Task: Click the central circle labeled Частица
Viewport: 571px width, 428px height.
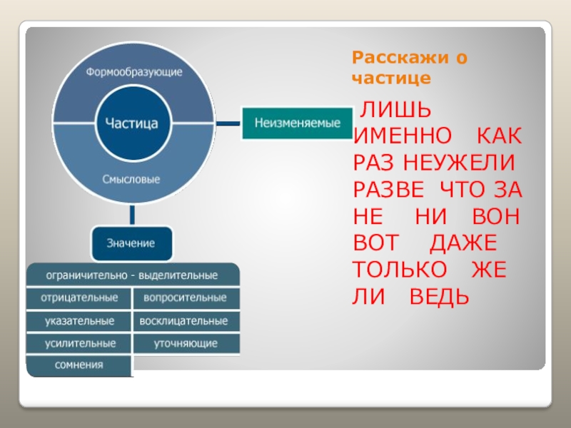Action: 132,123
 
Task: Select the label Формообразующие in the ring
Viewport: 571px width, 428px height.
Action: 134,72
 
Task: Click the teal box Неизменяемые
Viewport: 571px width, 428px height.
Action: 298,123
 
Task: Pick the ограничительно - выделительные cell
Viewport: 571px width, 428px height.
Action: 133,275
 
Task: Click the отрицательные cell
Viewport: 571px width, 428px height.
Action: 79,297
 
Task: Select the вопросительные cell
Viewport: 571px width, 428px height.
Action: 185,297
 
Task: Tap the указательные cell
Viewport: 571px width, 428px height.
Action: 79,321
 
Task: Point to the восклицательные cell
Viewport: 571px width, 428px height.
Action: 185,321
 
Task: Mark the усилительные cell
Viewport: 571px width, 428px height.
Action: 79,343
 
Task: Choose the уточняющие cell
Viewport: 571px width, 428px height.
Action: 185,344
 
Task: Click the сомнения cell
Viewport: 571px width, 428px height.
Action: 79,365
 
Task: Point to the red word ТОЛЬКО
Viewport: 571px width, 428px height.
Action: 401,269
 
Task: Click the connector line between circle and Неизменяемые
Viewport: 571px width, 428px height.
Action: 227,123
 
